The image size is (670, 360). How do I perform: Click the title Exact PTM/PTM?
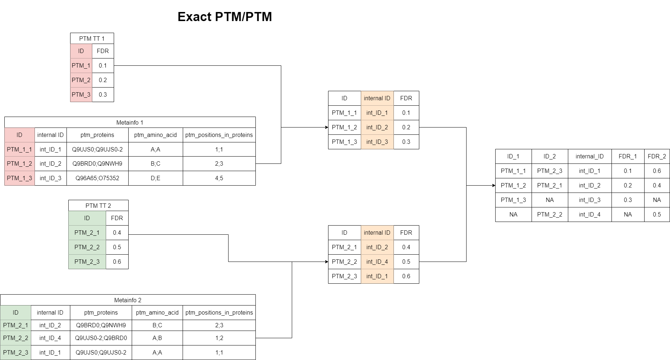coord(225,17)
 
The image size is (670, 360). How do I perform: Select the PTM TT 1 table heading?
coord(92,39)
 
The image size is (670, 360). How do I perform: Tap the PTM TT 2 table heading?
coord(98,206)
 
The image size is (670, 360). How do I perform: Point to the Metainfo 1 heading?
coord(130,122)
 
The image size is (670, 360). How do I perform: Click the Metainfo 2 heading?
coord(128,300)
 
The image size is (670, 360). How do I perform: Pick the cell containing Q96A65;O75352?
coord(97,178)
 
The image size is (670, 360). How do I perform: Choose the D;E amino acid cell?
coord(156,178)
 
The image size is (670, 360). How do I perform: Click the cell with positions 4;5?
coord(219,178)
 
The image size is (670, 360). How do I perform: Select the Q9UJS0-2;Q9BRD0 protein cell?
coord(101,338)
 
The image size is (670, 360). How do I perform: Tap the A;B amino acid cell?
coord(157,338)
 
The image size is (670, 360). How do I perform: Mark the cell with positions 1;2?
coord(219,338)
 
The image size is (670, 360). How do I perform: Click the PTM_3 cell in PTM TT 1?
coord(81,94)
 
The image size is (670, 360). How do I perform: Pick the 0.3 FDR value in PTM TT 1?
coord(103,94)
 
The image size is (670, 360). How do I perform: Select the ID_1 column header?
coord(513,156)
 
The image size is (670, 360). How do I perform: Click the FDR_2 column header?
coord(657,156)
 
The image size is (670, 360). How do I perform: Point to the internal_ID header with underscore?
coord(589,156)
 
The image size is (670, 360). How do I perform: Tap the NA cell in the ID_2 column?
coord(549,200)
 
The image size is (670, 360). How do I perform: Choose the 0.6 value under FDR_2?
coord(657,171)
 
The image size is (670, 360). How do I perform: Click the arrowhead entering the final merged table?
coord(493,185)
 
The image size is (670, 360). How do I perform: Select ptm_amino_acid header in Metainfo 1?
coord(156,135)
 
